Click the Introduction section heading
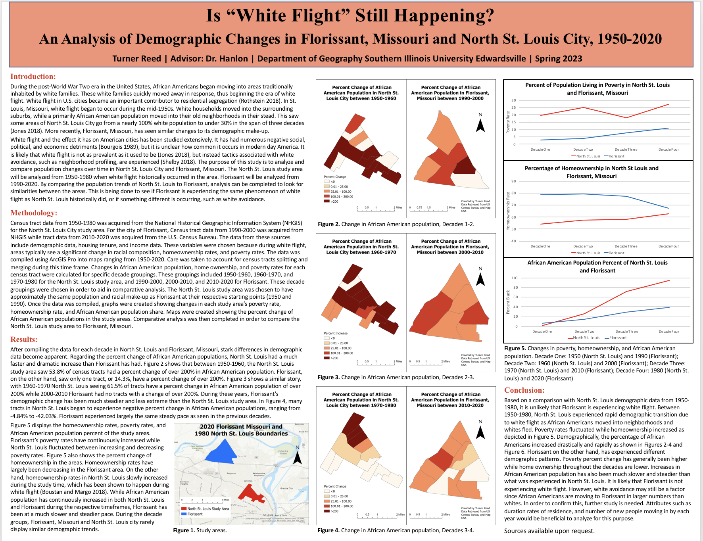33,77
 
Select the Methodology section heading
34,213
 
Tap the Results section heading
24,340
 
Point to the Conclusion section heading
524,390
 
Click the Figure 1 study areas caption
200,530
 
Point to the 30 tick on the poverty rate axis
514,100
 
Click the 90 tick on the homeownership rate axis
514,181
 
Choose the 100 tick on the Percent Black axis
514,278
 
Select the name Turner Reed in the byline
136,59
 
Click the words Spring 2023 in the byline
558,59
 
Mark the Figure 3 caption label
328,377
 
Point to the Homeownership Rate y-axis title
508,211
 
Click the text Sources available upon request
549,531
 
